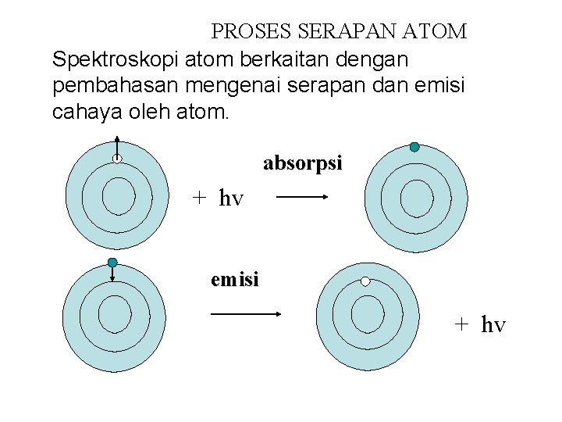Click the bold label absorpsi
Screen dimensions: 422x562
coord(302,164)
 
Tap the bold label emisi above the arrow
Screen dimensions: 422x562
coord(234,279)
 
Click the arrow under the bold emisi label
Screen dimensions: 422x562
coord(247,313)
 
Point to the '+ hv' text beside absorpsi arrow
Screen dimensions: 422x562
coord(219,198)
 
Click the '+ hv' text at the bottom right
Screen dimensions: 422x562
coord(481,324)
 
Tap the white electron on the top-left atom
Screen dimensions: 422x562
coord(117,159)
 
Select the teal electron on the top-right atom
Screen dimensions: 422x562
coord(414,147)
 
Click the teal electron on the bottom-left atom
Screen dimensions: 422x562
coord(112,262)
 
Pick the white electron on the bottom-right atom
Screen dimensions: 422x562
coord(365,281)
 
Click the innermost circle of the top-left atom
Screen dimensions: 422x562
coord(119,195)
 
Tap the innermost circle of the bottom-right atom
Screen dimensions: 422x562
coord(367,313)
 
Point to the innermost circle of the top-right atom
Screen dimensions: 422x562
coord(416,196)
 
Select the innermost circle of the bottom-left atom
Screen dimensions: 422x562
coord(114,313)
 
